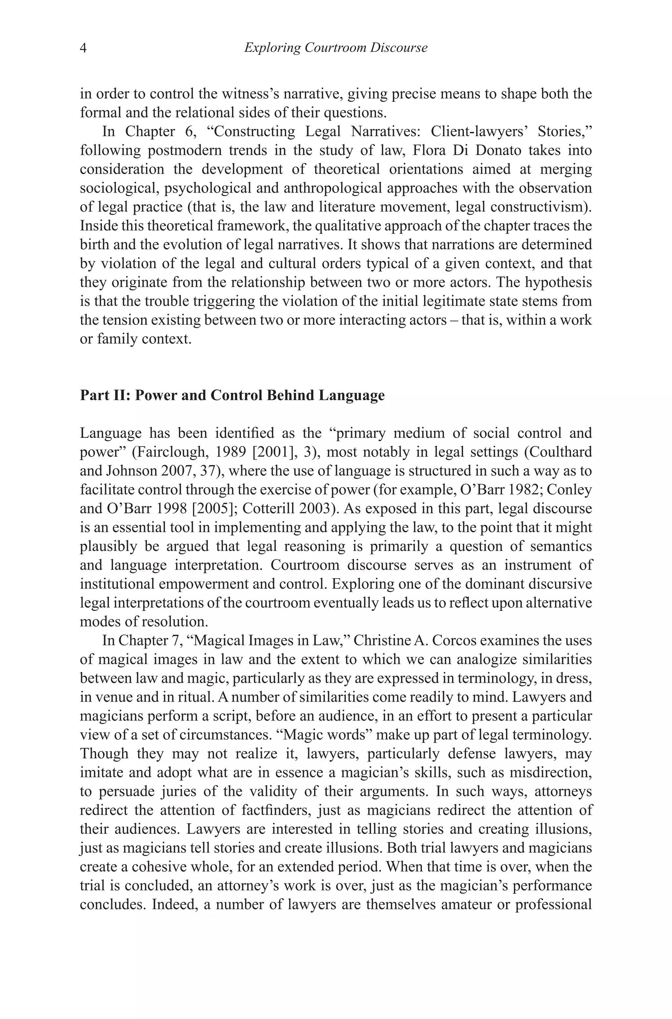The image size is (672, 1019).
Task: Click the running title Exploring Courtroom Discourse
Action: point(336,48)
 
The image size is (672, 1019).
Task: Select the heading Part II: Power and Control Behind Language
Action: point(232,395)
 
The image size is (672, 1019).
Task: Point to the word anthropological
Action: point(333,188)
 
